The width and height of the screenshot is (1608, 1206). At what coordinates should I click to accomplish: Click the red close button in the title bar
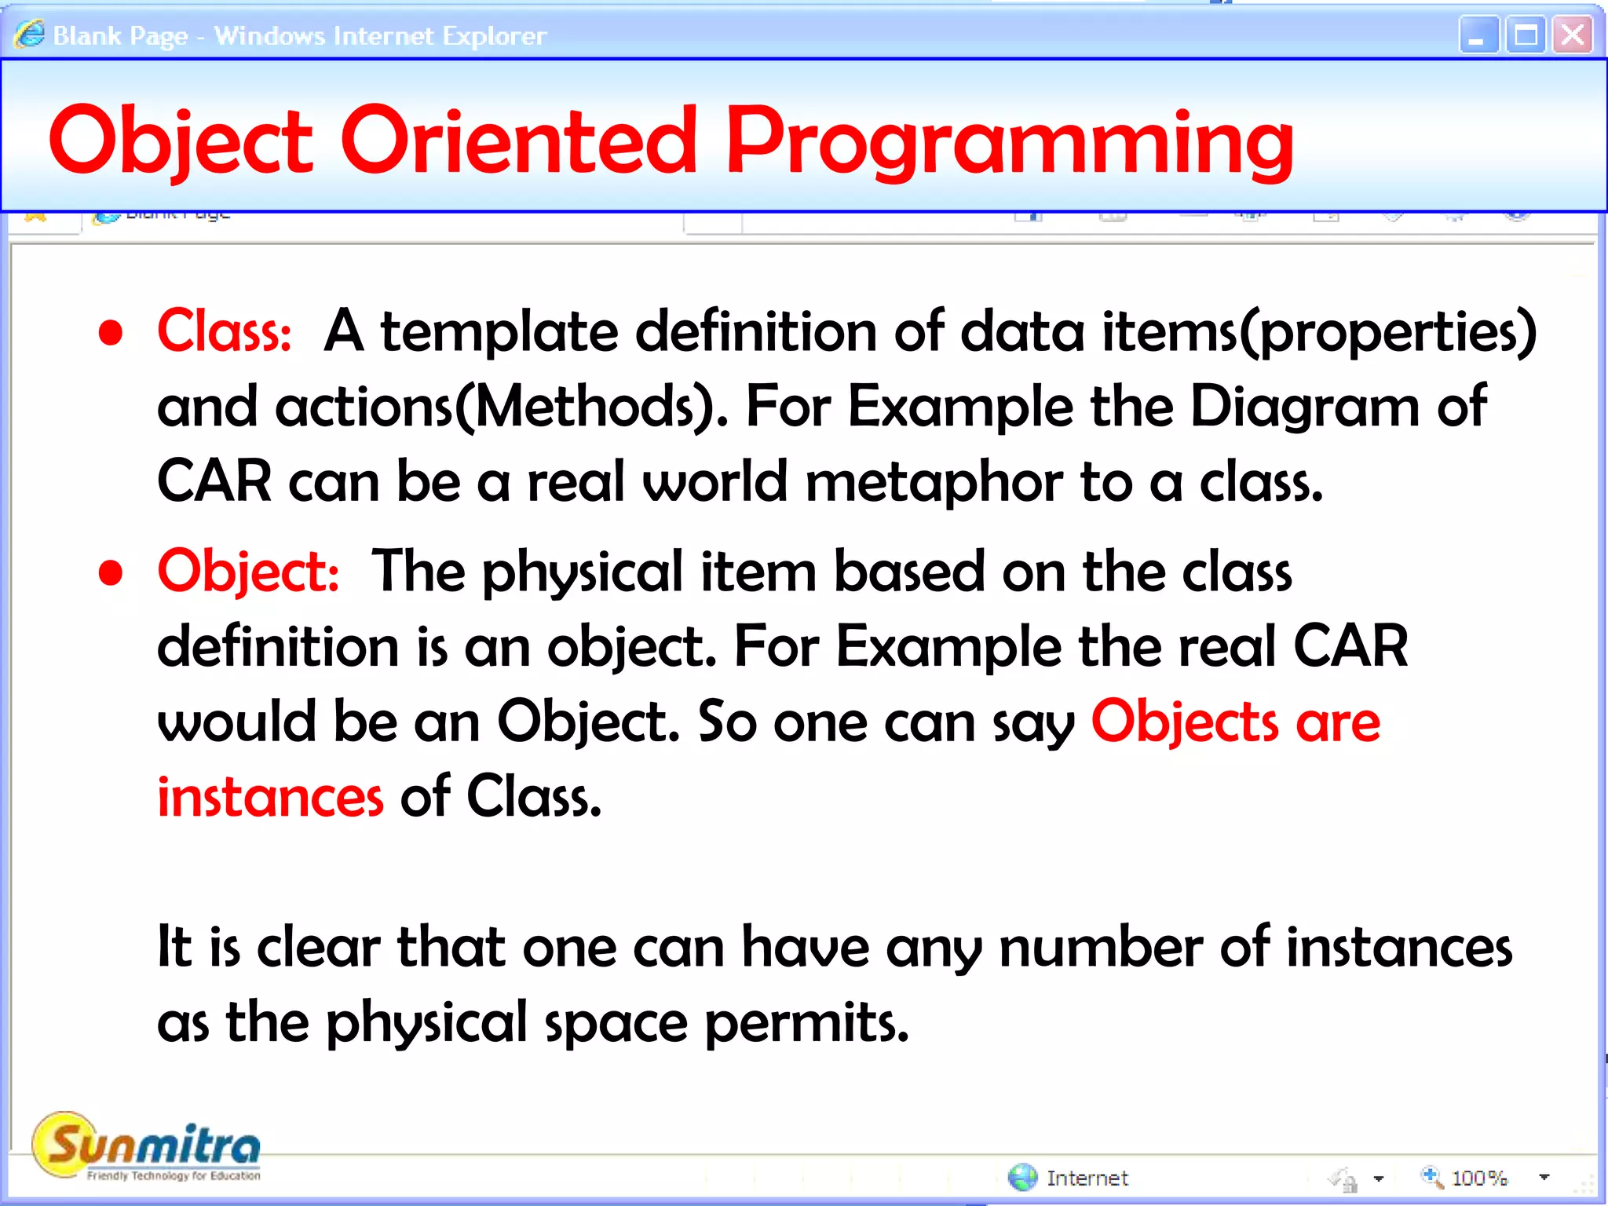tap(1573, 35)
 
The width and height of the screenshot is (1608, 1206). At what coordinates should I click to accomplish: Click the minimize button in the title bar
tap(1478, 35)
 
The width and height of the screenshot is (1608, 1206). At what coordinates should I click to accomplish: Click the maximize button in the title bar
tap(1526, 35)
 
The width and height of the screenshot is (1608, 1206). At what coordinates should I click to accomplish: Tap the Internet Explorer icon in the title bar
tap(29, 35)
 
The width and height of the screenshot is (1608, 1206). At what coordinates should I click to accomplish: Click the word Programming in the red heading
tap(1010, 141)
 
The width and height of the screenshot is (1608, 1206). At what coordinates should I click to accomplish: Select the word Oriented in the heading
tap(518, 141)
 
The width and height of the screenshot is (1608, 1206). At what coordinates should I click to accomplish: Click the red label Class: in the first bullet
tap(225, 331)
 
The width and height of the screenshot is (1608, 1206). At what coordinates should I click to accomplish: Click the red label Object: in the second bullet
tap(248, 572)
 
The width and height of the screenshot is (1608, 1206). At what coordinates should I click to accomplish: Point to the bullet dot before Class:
tap(111, 333)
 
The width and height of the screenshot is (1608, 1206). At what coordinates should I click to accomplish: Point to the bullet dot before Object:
tap(111, 573)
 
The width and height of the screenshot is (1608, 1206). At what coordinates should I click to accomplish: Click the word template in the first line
tap(499, 331)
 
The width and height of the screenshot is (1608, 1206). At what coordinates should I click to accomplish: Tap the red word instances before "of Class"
tap(270, 798)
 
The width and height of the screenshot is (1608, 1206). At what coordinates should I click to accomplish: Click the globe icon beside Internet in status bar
tap(1022, 1177)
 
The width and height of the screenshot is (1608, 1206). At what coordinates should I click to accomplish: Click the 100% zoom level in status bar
tap(1479, 1178)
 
